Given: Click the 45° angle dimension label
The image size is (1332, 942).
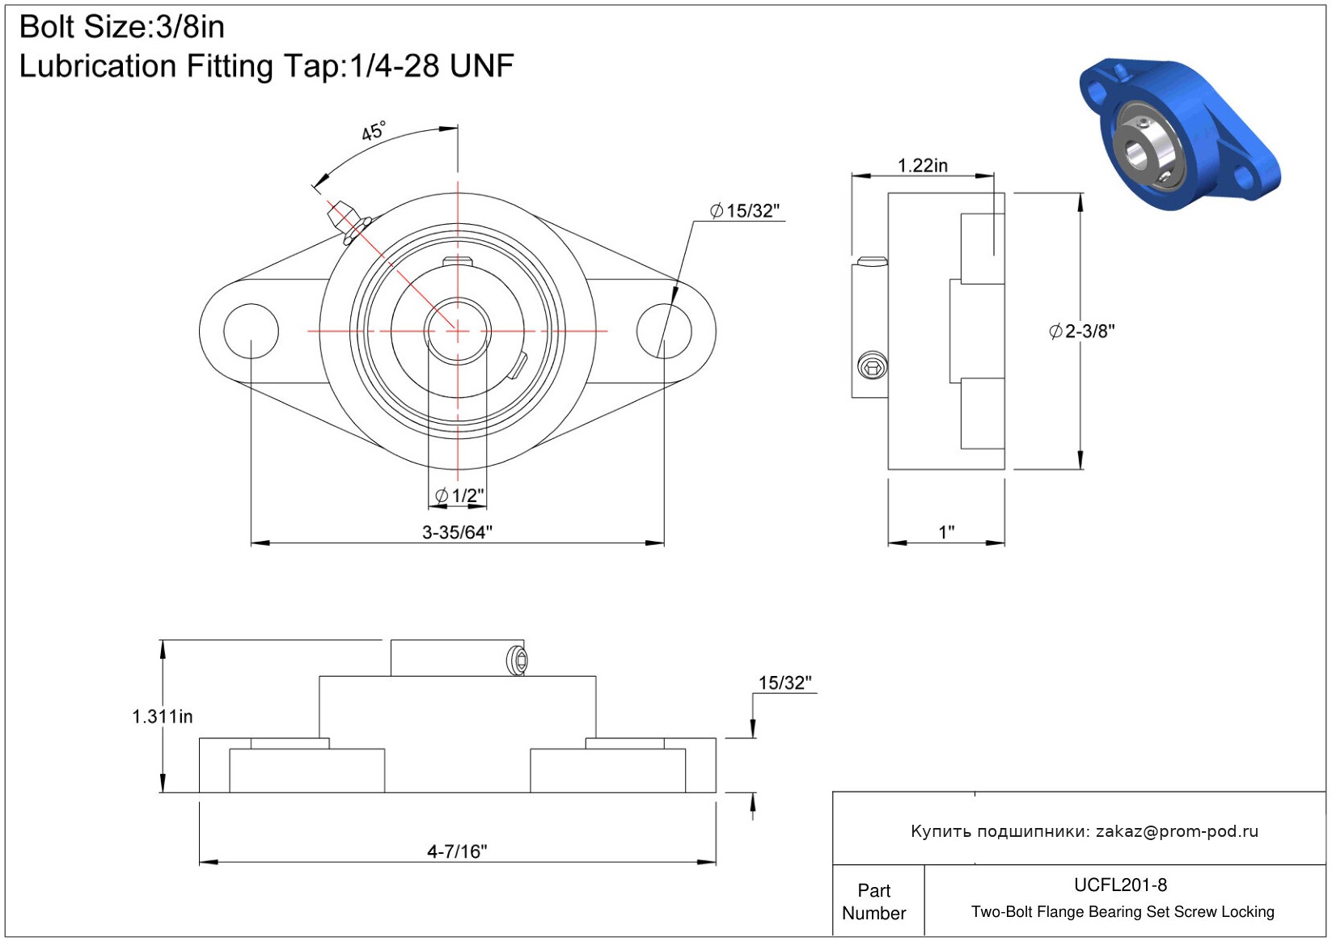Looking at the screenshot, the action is (x=374, y=130).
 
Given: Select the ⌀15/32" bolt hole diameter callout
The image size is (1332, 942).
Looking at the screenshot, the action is (x=745, y=210).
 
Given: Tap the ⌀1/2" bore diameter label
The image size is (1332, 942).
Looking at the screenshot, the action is (x=459, y=495).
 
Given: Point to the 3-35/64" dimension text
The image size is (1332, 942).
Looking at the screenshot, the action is (x=457, y=532).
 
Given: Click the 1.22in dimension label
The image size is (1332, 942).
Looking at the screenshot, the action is (x=922, y=165).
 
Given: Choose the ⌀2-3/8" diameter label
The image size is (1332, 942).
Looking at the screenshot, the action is (x=1081, y=331).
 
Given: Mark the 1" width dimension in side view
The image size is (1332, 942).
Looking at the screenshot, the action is (x=946, y=532).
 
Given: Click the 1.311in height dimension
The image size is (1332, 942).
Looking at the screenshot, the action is (x=163, y=716).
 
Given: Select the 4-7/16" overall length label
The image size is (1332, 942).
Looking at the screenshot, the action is (x=457, y=851).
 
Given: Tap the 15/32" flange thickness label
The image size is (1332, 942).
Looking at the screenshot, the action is (x=785, y=682).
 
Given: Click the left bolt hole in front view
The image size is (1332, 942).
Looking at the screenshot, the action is (x=251, y=332).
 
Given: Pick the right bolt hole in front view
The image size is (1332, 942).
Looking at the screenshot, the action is (x=664, y=332).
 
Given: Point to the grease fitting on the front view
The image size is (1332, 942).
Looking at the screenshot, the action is (x=349, y=222).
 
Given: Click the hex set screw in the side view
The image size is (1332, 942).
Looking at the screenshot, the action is (x=873, y=365).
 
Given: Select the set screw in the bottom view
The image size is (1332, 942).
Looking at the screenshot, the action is (x=518, y=660).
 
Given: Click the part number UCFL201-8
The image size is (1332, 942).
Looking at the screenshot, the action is (x=1120, y=885).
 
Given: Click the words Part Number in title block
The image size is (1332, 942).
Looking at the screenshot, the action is (x=873, y=902).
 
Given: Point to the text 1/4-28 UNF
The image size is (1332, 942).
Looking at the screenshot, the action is (x=431, y=65).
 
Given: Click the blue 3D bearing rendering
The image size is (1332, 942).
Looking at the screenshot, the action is (x=1180, y=134).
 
